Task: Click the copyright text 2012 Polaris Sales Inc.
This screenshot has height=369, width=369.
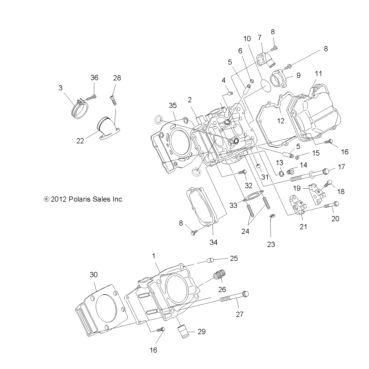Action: coord(83,199)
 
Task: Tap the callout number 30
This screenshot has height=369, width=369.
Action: coord(94,275)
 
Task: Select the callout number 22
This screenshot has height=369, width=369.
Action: coord(80,141)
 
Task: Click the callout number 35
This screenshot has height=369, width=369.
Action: coord(173,105)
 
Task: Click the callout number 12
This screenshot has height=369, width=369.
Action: coord(281,121)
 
